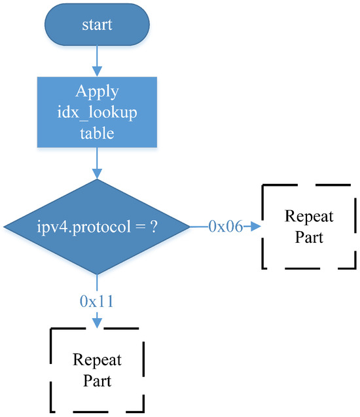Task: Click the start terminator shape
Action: pos(97,25)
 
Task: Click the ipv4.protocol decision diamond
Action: pos(97,227)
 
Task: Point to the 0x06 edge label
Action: pos(225,227)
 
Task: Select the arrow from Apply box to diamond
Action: pos(97,162)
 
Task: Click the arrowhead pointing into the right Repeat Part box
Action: pos(256,227)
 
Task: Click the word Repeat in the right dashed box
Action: pos(308,217)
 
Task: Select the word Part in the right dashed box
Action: pos(308,237)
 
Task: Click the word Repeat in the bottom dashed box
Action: pos(97,360)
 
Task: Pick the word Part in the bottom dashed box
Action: pos(97,380)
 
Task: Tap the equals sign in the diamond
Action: pos(136,227)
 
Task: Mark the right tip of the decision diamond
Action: pos(190,227)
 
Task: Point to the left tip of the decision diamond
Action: pos(4,227)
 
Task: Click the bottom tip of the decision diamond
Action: pos(97,274)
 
